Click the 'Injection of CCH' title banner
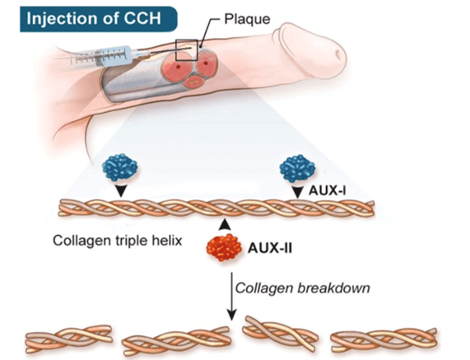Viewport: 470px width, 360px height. point(99,19)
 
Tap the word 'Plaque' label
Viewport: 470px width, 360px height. point(247,19)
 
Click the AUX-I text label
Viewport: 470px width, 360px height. point(327,190)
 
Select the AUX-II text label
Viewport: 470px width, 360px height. point(270,249)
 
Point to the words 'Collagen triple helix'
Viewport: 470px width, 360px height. point(118,241)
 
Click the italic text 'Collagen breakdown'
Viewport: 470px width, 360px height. point(302,288)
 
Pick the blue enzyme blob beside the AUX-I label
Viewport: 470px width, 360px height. point(297,168)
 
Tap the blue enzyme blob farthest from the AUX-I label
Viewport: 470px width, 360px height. point(120,167)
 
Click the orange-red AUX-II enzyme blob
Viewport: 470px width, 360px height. point(224,247)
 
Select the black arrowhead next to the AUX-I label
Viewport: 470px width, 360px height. point(297,192)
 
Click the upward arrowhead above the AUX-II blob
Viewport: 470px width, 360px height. point(224,225)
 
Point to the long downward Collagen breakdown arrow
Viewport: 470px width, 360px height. point(231,297)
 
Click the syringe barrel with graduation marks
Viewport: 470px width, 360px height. point(102,56)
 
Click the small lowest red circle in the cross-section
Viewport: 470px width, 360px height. point(194,81)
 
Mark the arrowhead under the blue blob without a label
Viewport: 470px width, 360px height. point(121,191)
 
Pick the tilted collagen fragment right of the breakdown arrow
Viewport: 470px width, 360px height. point(280,333)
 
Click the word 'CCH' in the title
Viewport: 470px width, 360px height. point(142,18)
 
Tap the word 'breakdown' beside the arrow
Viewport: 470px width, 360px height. point(333,288)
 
